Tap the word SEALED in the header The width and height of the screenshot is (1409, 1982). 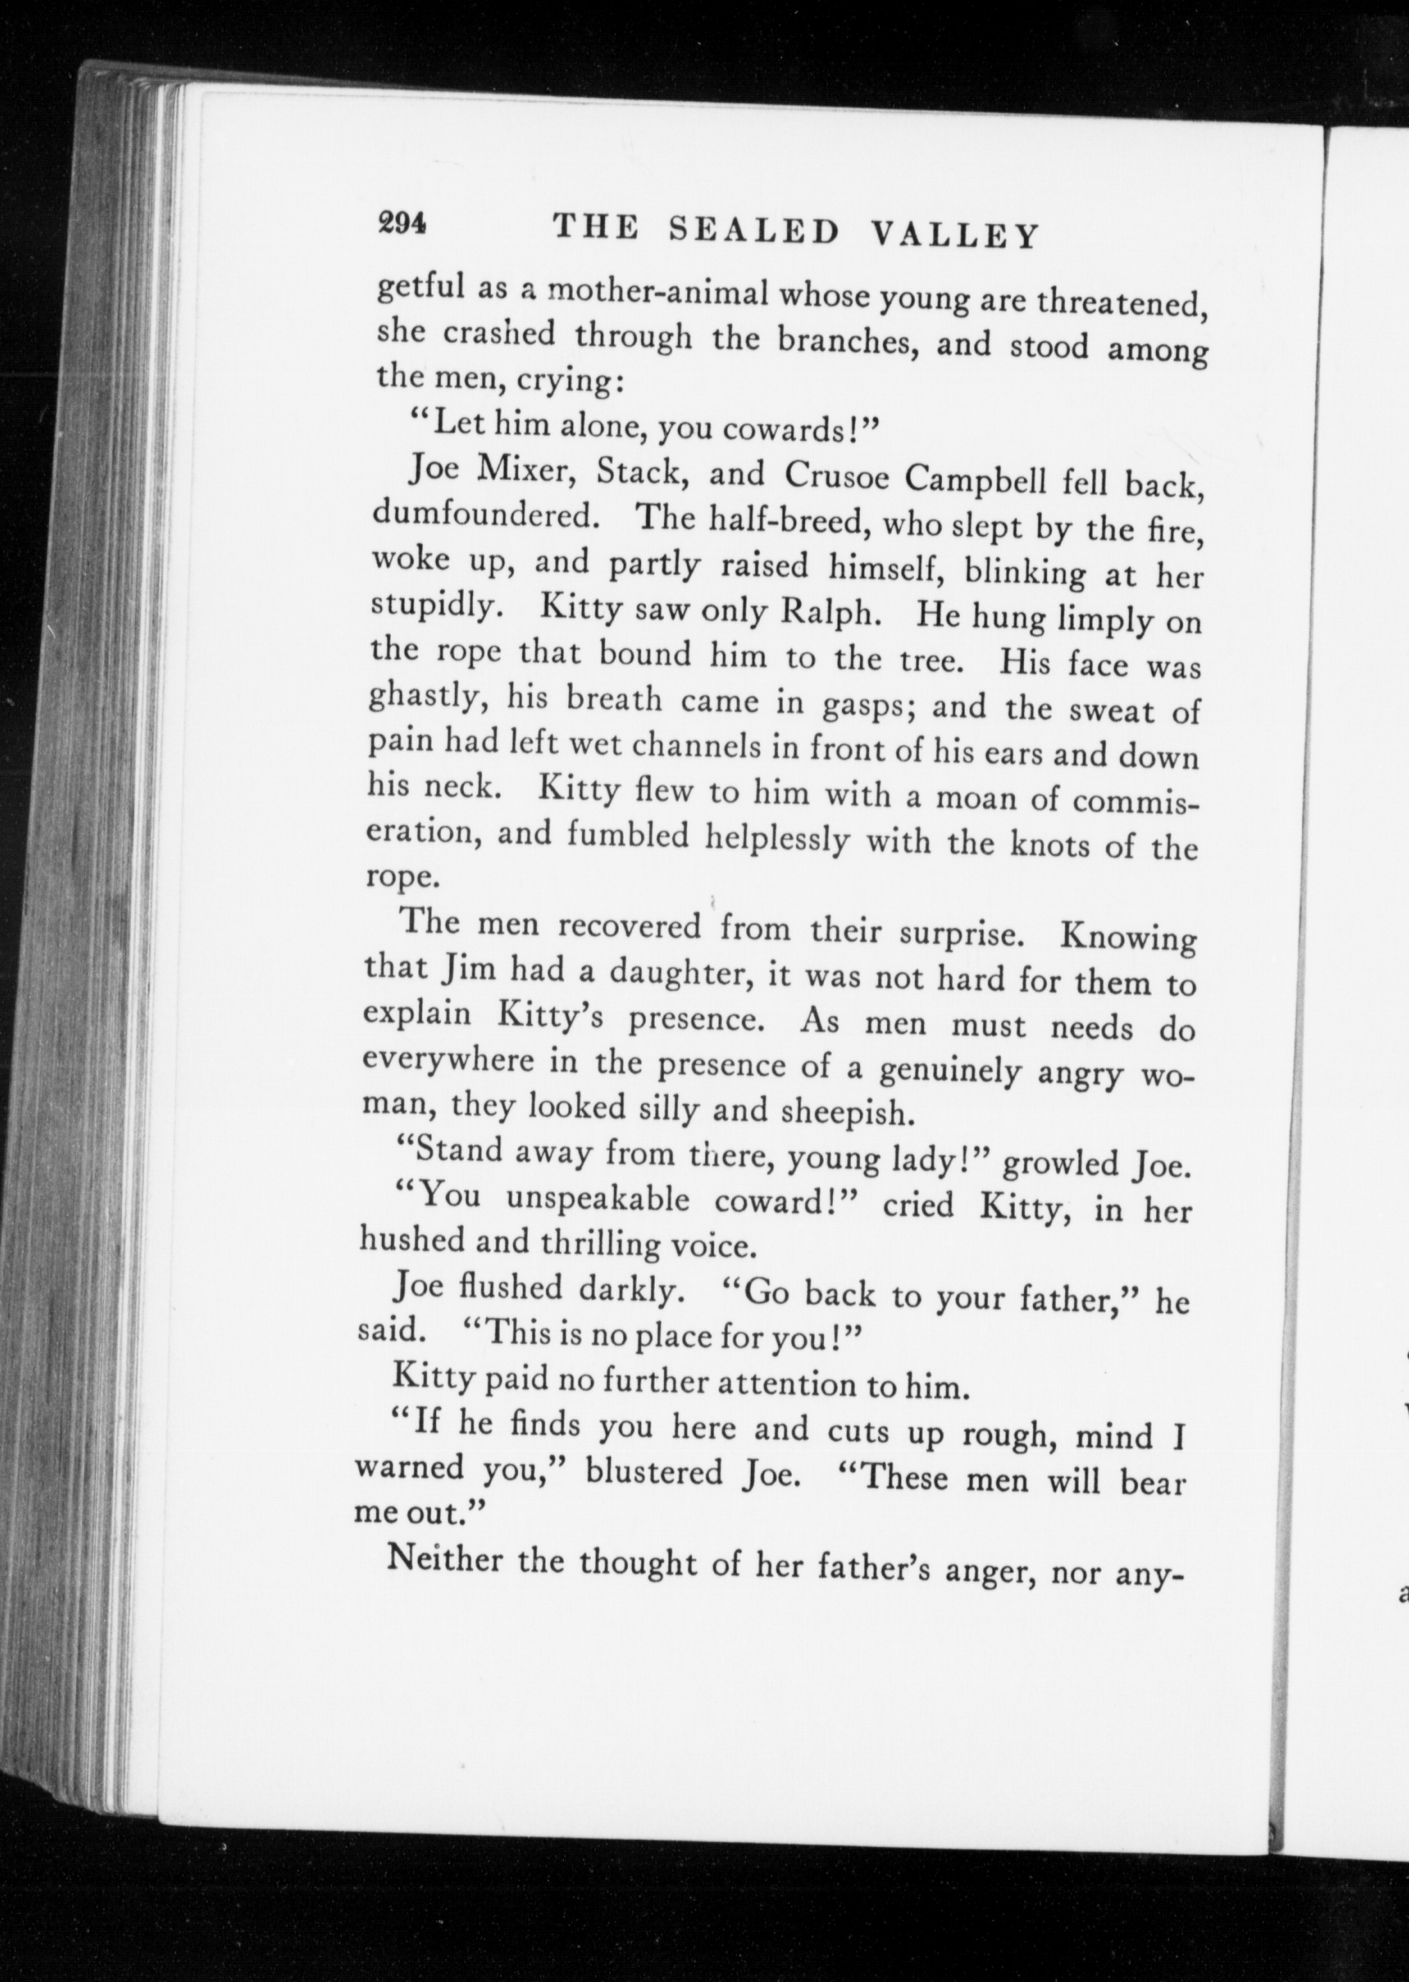755,231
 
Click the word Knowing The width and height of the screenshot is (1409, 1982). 1128,939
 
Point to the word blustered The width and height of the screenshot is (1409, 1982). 654,1471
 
